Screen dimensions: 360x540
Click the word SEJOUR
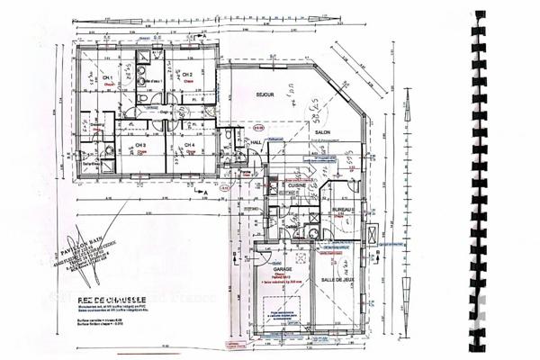(264, 93)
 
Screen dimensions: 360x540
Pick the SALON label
(322, 132)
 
